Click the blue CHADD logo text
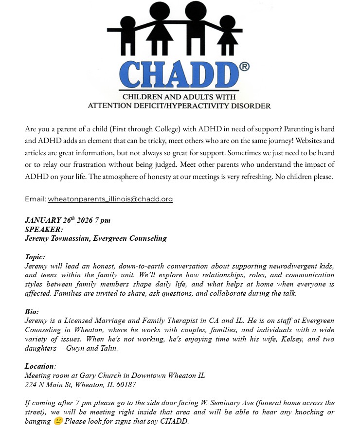tap(178, 73)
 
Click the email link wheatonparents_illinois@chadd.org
tap(110, 199)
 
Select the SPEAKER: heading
tap(44, 229)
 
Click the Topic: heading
tap(35, 257)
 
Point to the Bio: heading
tap(32, 312)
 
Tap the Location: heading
tap(40, 366)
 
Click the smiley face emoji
tap(58, 421)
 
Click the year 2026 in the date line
tap(85, 220)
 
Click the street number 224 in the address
tap(31, 385)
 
